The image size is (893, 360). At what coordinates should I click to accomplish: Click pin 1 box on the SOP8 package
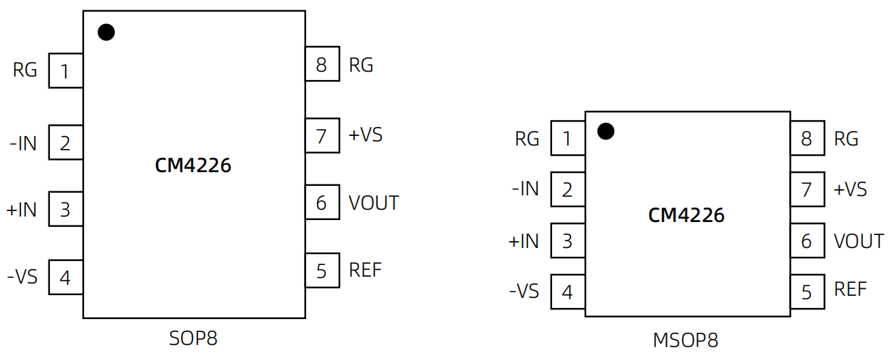[x=66, y=71]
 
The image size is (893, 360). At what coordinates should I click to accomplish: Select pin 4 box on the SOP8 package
[x=66, y=277]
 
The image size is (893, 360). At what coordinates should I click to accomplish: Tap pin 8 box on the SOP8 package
[x=322, y=65]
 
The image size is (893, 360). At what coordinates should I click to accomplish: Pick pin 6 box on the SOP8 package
[x=322, y=203]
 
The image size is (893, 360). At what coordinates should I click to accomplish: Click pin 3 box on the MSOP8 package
[x=567, y=241]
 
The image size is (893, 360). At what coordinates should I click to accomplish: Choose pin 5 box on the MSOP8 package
[x=807, y=292]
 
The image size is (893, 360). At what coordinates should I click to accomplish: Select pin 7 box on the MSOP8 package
[x=807, y=189]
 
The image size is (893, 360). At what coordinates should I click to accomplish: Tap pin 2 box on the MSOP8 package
[x=567, y=189]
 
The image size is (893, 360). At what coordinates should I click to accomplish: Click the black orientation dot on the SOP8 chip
[x=106, y=32]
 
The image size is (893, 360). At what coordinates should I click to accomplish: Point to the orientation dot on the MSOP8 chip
[x=605, y=131]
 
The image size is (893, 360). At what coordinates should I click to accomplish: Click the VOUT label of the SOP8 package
[x=373, y=203]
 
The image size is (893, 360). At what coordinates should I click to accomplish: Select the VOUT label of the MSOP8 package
[x=858, y=241]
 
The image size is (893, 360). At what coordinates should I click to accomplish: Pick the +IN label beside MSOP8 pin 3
[x=523, y=241]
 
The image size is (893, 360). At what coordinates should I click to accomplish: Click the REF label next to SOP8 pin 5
[x=365, y=270]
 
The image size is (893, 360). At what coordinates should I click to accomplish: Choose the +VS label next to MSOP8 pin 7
[x=850, y=189]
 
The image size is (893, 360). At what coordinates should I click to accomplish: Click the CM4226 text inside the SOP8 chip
[x=193, y=165]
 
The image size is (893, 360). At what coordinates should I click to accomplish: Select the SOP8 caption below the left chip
[x=193, y=338]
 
